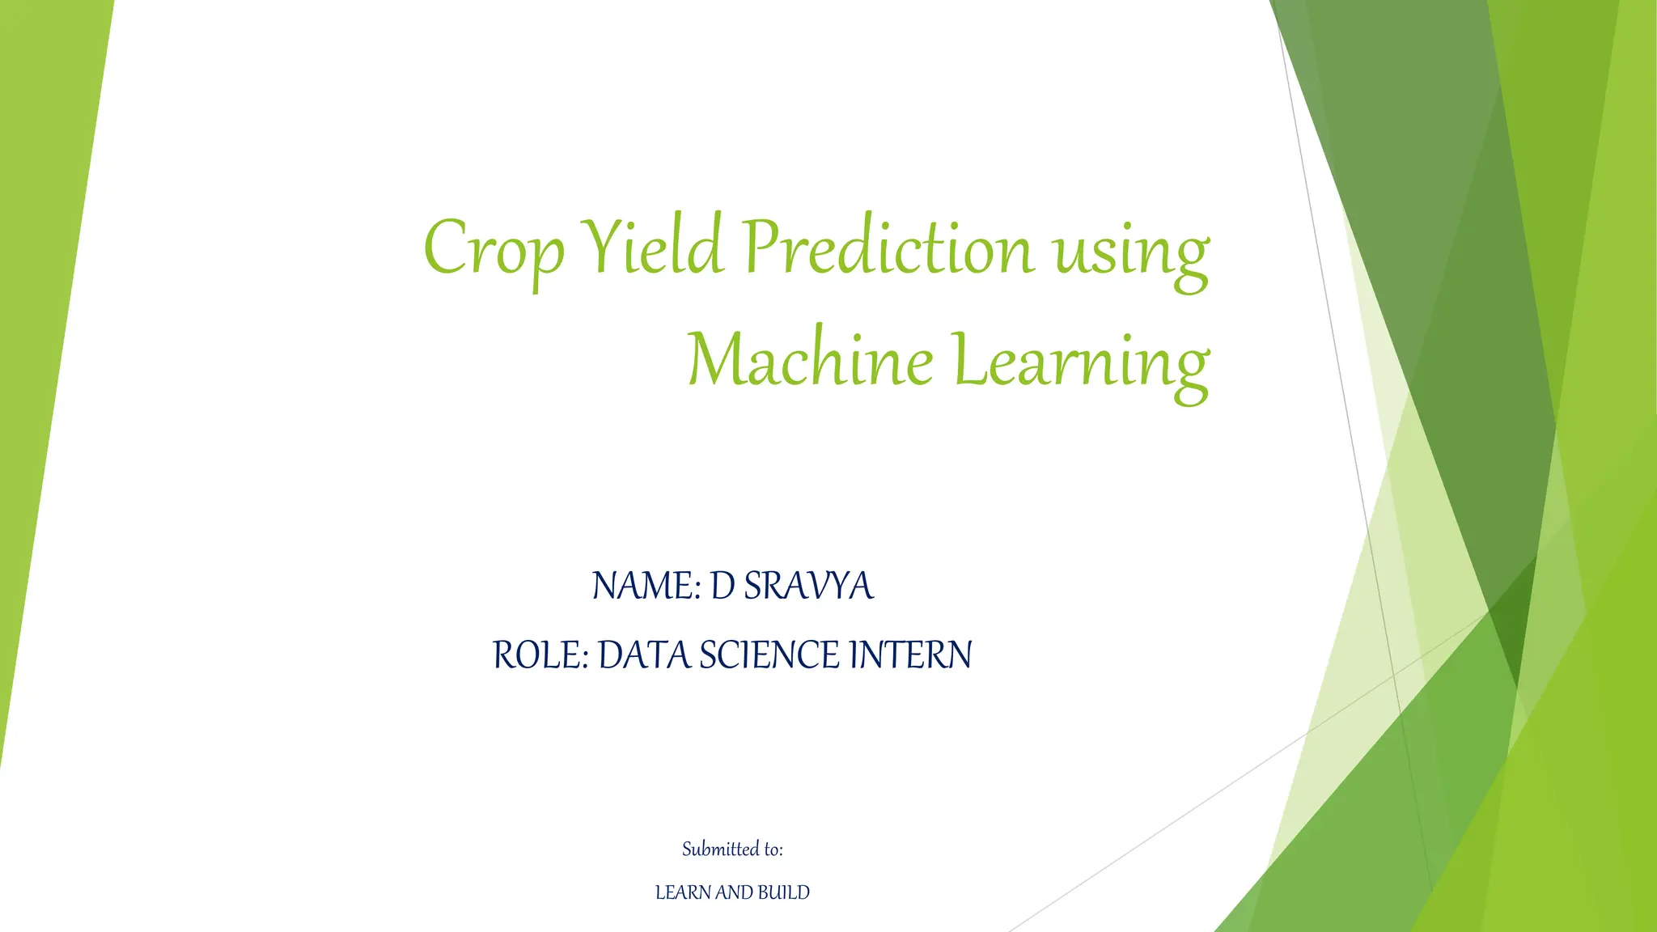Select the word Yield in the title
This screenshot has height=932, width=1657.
pyautogui.click(x=652, y=246)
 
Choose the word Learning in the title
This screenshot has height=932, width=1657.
pyautogui.click(x=1080, y=362)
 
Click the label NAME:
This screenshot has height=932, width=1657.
pyautogui.click(x=646, y=586)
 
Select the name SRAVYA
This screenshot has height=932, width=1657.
pyautogui.click(x=808, y=586)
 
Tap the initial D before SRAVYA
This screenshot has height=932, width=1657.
pyautogui.click(x=722, y=586)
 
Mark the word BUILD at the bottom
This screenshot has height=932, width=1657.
pyautogui.click(x=784, y=892)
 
